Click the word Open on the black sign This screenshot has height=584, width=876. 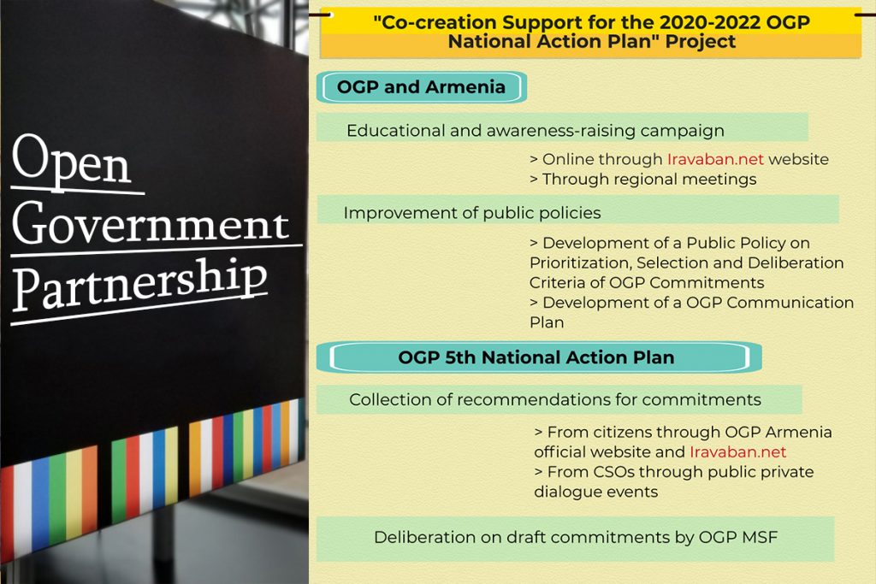73,162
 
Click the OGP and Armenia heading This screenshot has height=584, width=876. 421,87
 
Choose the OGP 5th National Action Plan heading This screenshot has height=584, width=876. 536,358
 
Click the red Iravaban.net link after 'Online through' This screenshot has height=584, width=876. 714,159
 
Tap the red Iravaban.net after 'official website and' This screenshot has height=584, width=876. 737,451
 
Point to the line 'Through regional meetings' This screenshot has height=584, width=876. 643,180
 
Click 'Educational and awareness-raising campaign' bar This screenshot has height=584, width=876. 536,131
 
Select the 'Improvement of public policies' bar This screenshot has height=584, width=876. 472,212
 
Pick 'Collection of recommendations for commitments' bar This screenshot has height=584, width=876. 555,399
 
